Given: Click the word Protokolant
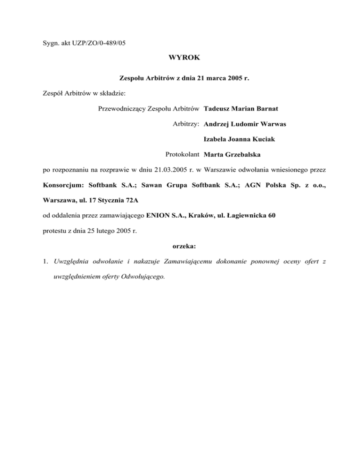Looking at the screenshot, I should pyautogui.click(x=183, y=154).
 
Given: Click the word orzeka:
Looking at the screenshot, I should pyautogui.click(x=180, y=246).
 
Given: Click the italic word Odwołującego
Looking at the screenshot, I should pyautogui.click(x=144, y=277).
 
